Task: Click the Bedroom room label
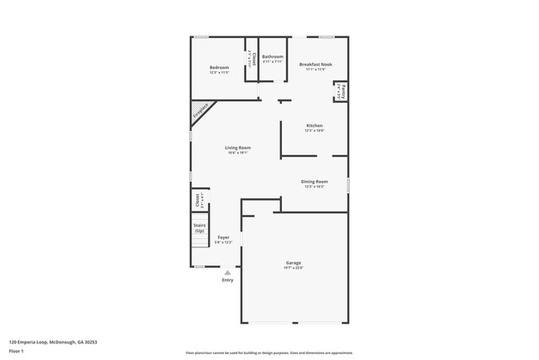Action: tap(219, 67)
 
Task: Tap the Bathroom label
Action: tap(273, 56)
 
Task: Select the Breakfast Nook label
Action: tap(316, 64)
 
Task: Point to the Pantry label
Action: tap(342, 90)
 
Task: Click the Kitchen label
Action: tap(314, 125)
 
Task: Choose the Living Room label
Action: tap(238, 148)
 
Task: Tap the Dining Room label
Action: tap(314, 181)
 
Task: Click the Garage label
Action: tap(294, 263)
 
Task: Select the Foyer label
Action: tap(224, 236)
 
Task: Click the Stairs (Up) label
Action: tap(199, 226)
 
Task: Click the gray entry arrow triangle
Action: tap(228, 270)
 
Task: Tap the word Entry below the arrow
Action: tap(228, 280)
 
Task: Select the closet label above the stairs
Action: tap(197, 200)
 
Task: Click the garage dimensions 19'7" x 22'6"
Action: tap(294, 268)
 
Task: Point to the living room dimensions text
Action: tap(238, 153)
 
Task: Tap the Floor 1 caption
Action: tap(17, 352)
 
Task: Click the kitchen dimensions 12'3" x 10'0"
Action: tap(314, 130)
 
